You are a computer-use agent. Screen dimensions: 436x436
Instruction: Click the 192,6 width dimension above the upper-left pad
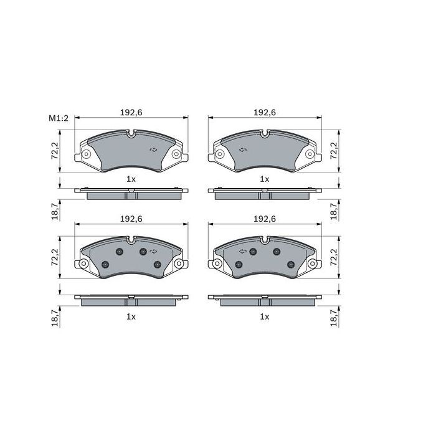click(x=131, y=113)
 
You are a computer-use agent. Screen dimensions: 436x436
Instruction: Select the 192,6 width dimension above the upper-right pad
click(x=265, y=113)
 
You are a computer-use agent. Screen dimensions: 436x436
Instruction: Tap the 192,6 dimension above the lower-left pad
click(x=131, y=219)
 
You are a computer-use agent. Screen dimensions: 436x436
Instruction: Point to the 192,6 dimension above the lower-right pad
click(x=265, y=219)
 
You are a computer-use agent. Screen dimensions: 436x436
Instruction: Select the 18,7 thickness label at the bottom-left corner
click(x=54, y=318)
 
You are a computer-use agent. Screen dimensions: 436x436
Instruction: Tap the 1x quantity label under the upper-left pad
click(x=131, y=179)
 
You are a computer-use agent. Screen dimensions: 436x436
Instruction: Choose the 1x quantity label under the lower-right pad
click(x=265, y=316)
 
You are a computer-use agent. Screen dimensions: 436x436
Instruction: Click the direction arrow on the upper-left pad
click(x=153, y=149)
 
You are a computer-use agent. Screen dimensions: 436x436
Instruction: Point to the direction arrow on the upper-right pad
click(x=243, y=149)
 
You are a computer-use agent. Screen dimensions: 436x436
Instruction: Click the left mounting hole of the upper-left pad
click(x=86, y=154)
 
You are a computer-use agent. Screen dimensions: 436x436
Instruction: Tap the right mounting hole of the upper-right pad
click(x=310, y=154)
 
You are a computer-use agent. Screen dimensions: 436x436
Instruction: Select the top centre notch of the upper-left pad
click(x=131, y=133)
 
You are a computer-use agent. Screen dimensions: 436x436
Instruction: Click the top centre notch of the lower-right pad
click(x=265, y=240)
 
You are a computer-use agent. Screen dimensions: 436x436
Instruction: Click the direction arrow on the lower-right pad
click(x=243, y=251)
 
